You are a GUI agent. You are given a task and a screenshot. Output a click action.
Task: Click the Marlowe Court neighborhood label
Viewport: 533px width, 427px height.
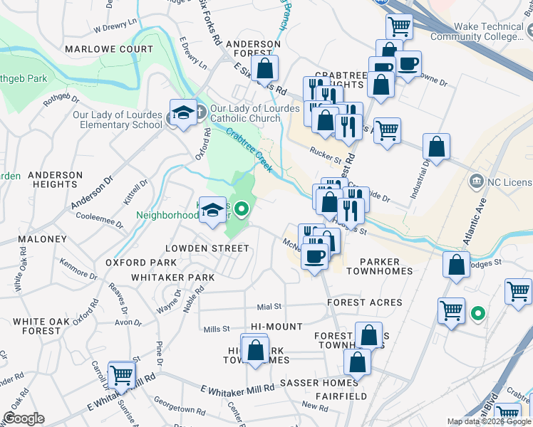pyautogui.click(x=108, y=50)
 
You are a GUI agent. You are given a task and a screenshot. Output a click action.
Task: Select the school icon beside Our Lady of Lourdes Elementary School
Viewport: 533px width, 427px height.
pyautogui.click(x=183, y=114)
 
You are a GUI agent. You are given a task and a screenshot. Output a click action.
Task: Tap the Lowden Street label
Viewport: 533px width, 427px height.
pyautogui.click(x=207, y=248)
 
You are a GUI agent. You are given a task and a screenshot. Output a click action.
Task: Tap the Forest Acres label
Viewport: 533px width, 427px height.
pyautogui.click(x=364, y=302)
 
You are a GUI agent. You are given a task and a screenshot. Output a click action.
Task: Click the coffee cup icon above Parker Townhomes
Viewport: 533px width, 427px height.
pyautogui.click(x=314, y=256)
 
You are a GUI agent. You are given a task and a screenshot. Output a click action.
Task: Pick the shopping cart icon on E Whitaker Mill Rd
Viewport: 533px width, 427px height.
pyautogui.click(x=122, y=375)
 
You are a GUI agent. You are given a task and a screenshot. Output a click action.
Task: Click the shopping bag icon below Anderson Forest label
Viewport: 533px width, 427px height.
pyautogui.click(x=264, y=69)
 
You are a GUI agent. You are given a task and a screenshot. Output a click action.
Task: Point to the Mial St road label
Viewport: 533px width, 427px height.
pyautogui.click(x=269, y=307)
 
